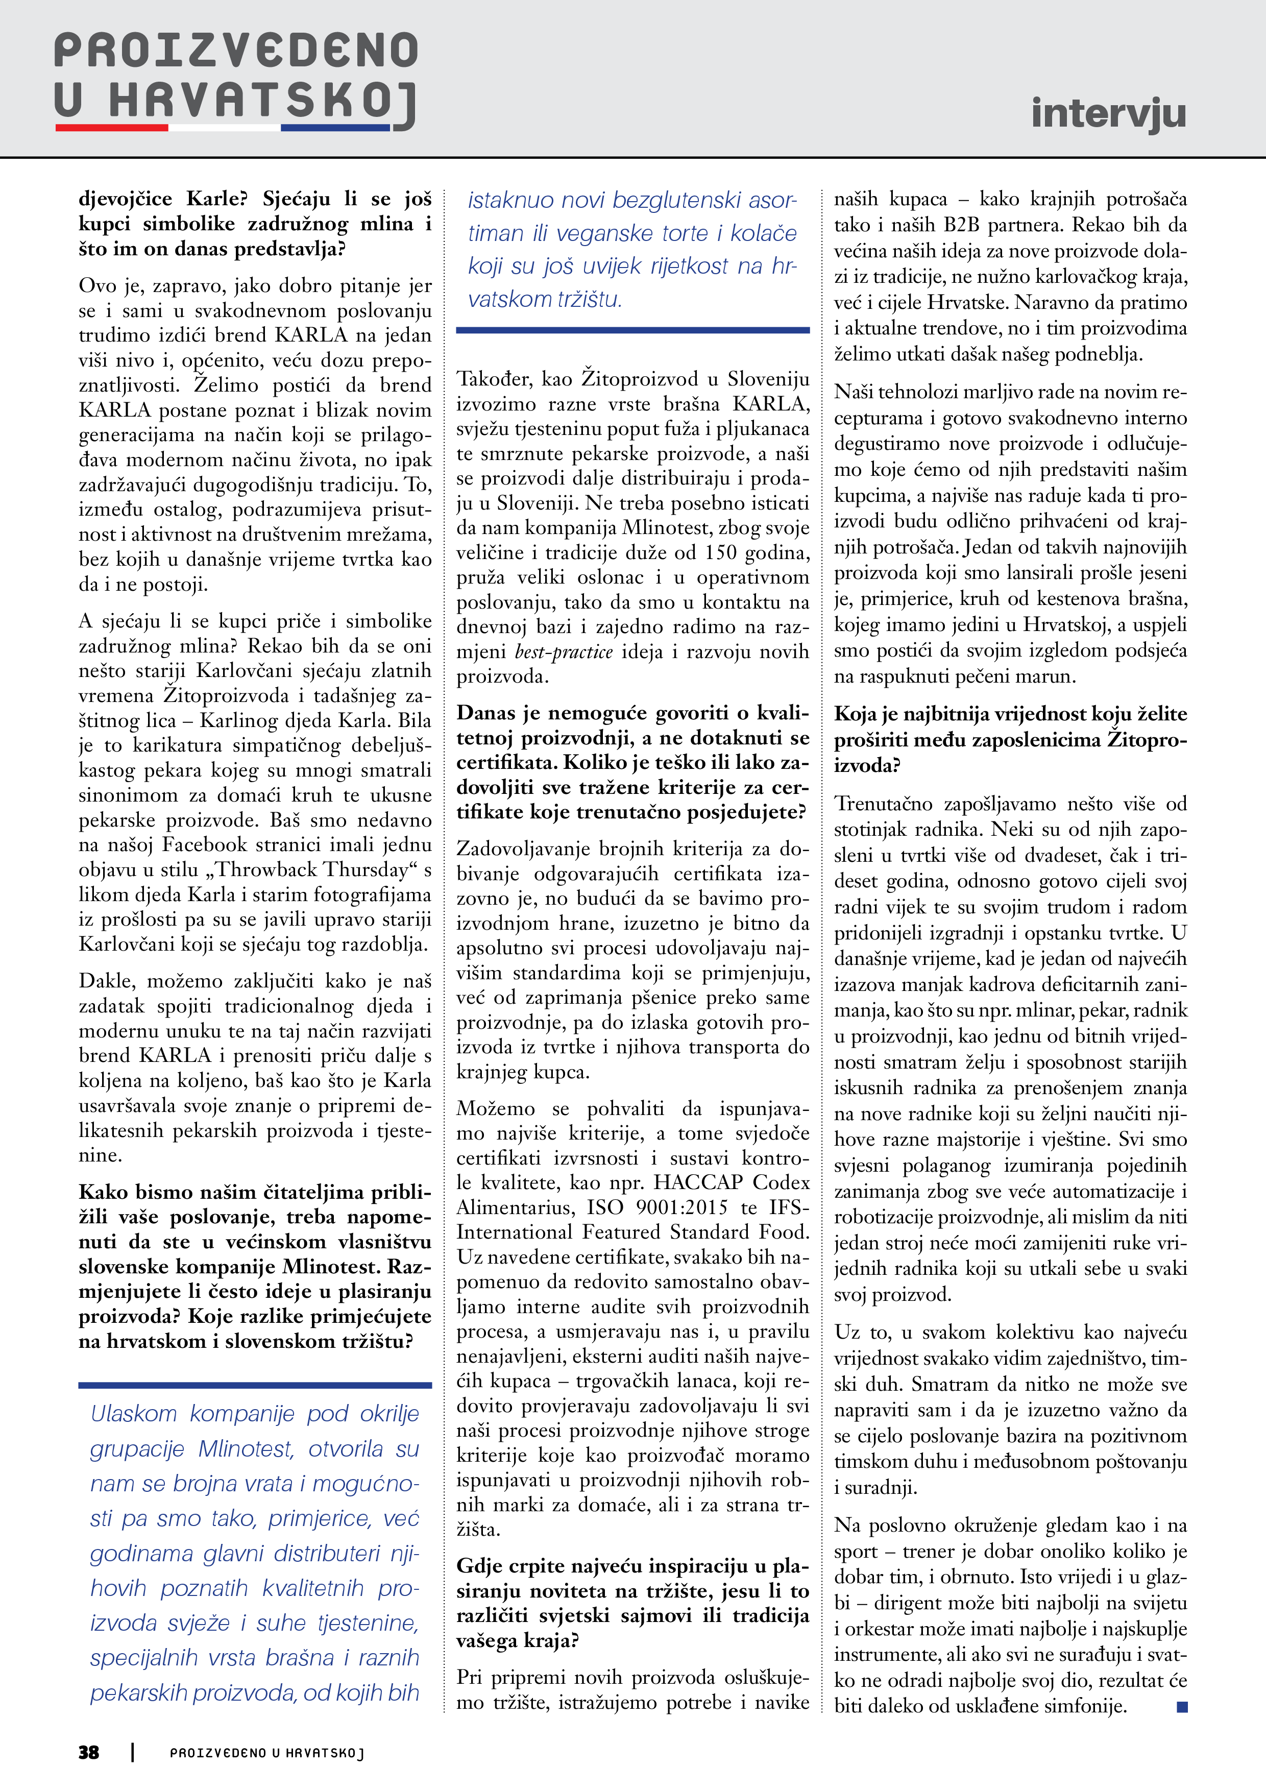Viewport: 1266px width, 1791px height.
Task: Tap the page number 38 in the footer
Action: coord(89,1752)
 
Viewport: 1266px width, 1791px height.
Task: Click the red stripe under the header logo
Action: coord(112,127)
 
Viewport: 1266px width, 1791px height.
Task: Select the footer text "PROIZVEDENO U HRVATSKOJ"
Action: coord(267,1753)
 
